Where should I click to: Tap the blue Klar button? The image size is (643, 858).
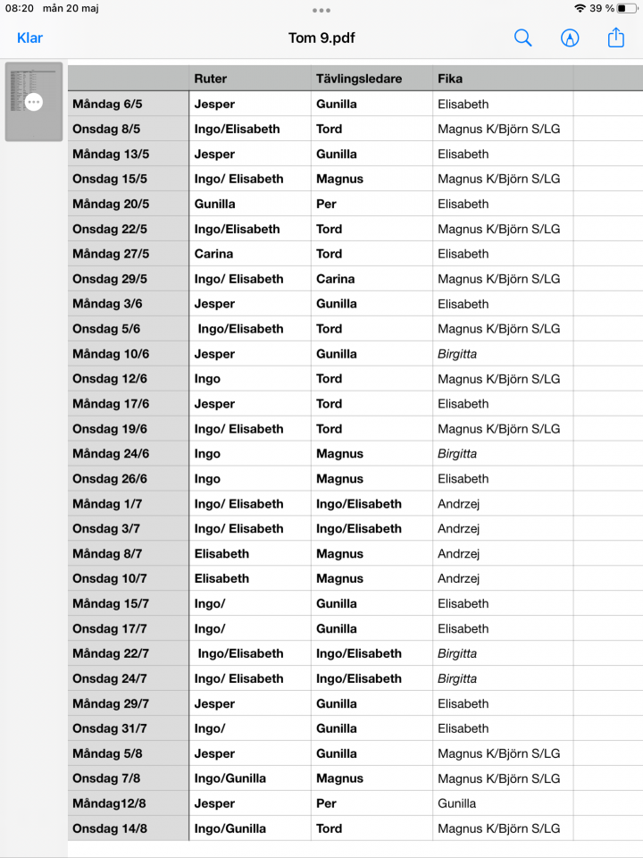pyautogui.click(x=29, y=38)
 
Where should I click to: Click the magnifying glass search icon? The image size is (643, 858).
pyautogui.click(x=523, y=38)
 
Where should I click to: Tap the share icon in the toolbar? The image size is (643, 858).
pyautogui.click(x=616, y=38)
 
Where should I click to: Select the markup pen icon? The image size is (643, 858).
pyautogui.click(x=570, y=38)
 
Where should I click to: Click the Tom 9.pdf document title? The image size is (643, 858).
pyautogui.click(x=321, y=38)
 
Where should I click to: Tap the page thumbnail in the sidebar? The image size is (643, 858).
pyautogui.click(x=34, y=101)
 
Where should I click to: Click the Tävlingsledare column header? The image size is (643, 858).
pyautogui.click(x=359, y=79)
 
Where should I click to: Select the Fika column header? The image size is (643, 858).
pyautogui.click(x=450, y=79)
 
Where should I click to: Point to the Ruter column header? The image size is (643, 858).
pyautogui.click(x=211, y=79)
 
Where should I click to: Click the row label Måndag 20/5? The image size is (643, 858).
pyautogui.click(x=111, y=204)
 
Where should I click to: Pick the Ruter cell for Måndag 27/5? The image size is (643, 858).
pyautogui.click(x=213, y=254)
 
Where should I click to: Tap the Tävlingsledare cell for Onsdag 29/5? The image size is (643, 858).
pyautogui.click(x=335, y=279)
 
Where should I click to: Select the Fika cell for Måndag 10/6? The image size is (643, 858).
pyautogui.click(x=457, y=354)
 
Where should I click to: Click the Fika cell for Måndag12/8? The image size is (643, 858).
pyautogui.click(x=456, y=803)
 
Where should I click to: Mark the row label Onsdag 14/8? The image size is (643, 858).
pyautogui.click(x=110, y=829)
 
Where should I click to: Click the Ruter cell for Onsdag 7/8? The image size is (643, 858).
pyautogui.click(x=230, y=778)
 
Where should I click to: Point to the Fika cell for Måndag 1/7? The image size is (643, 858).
pyautogui.click(x=458, y=504)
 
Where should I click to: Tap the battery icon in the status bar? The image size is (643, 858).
pyautogui.click(x=627, y=8)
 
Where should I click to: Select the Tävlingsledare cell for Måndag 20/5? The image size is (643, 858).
pyautogui.click(x=326, y=204)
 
